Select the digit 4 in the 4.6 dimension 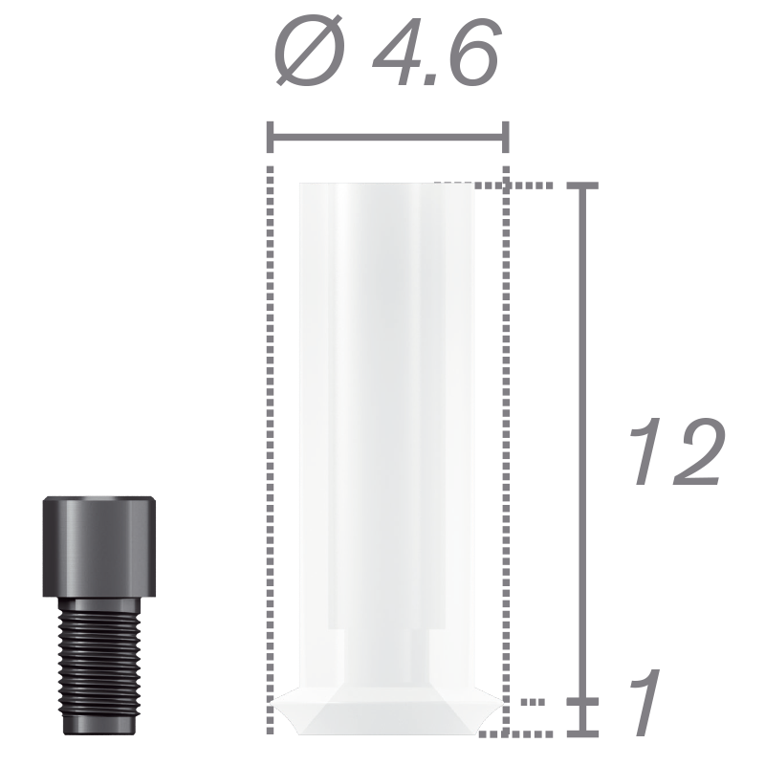point(390,55)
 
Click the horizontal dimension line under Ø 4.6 point(387,139)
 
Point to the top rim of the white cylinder point(386,185)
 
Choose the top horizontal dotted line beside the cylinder point(535,186)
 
